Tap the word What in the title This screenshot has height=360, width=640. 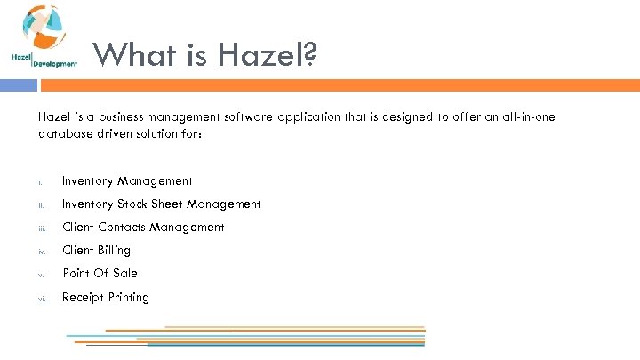click(132, 55)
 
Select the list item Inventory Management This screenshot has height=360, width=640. click(126, 181)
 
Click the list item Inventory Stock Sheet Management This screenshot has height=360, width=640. click(161, 204)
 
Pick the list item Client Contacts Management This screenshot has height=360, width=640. click(142, 228)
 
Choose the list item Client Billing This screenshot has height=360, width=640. click(96, 251)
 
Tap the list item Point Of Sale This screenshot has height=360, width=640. click(100, 274)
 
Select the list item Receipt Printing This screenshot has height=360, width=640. click(105, 297)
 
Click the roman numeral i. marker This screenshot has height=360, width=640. click(40, 183)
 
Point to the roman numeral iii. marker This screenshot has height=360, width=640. click(42, 228)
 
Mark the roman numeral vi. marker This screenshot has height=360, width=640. click(42, 299)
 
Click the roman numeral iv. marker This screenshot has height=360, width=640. click(42, 252)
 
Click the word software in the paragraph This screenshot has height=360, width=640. click(249, 117)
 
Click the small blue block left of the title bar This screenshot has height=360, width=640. click(18, 85)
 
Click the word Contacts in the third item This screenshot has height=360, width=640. click(122, 228)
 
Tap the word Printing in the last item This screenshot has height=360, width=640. click(128, 297)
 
